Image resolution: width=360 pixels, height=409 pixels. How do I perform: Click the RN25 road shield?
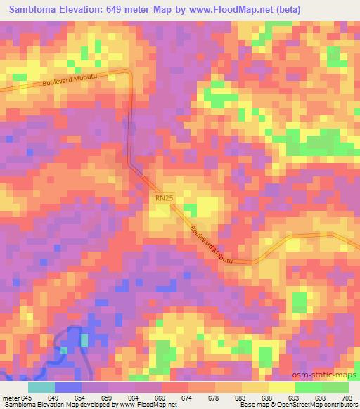164,200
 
